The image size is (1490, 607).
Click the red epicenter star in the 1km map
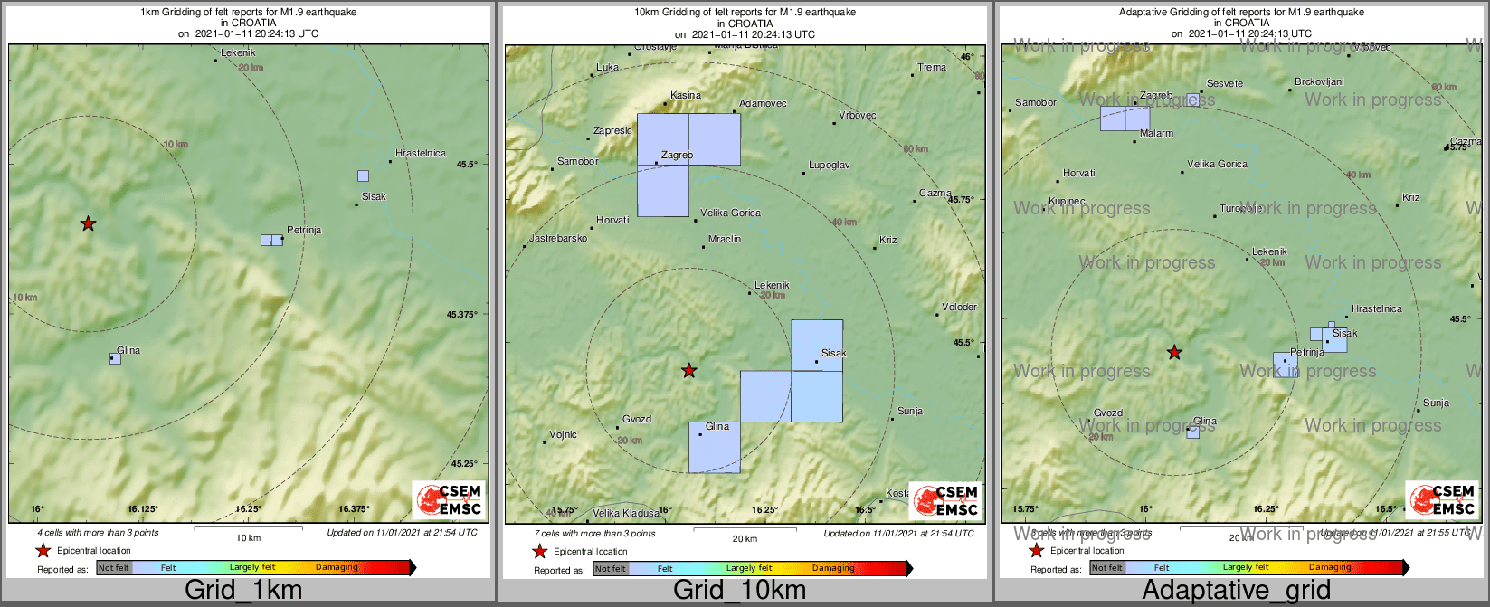click(88, 223)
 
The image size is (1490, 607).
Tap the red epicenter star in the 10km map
click(689, 370)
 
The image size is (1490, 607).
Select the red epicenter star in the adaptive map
click(1174, 352)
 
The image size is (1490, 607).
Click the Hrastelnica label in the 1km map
click(421, 153)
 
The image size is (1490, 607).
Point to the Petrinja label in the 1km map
click(304, 230)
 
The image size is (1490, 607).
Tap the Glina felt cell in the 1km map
click(115, 358)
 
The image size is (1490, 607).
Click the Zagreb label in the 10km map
click(677, 155)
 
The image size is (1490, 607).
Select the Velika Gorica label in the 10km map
click(731, 213)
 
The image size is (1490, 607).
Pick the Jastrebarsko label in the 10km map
click(557, 238)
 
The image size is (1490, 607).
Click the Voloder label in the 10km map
click(959, 307)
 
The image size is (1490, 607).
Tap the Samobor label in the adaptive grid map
click(1036, 102)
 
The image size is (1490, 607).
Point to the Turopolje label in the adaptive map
click(1240, 208)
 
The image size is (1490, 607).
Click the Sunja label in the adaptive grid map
click(1436, 403)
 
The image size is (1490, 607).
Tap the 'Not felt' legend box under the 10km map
click(611, 568)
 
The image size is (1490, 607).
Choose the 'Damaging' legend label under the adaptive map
click(1330, 567)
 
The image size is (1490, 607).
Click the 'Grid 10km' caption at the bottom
click(739, 591)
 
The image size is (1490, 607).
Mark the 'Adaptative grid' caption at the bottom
click(1236, 591)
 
